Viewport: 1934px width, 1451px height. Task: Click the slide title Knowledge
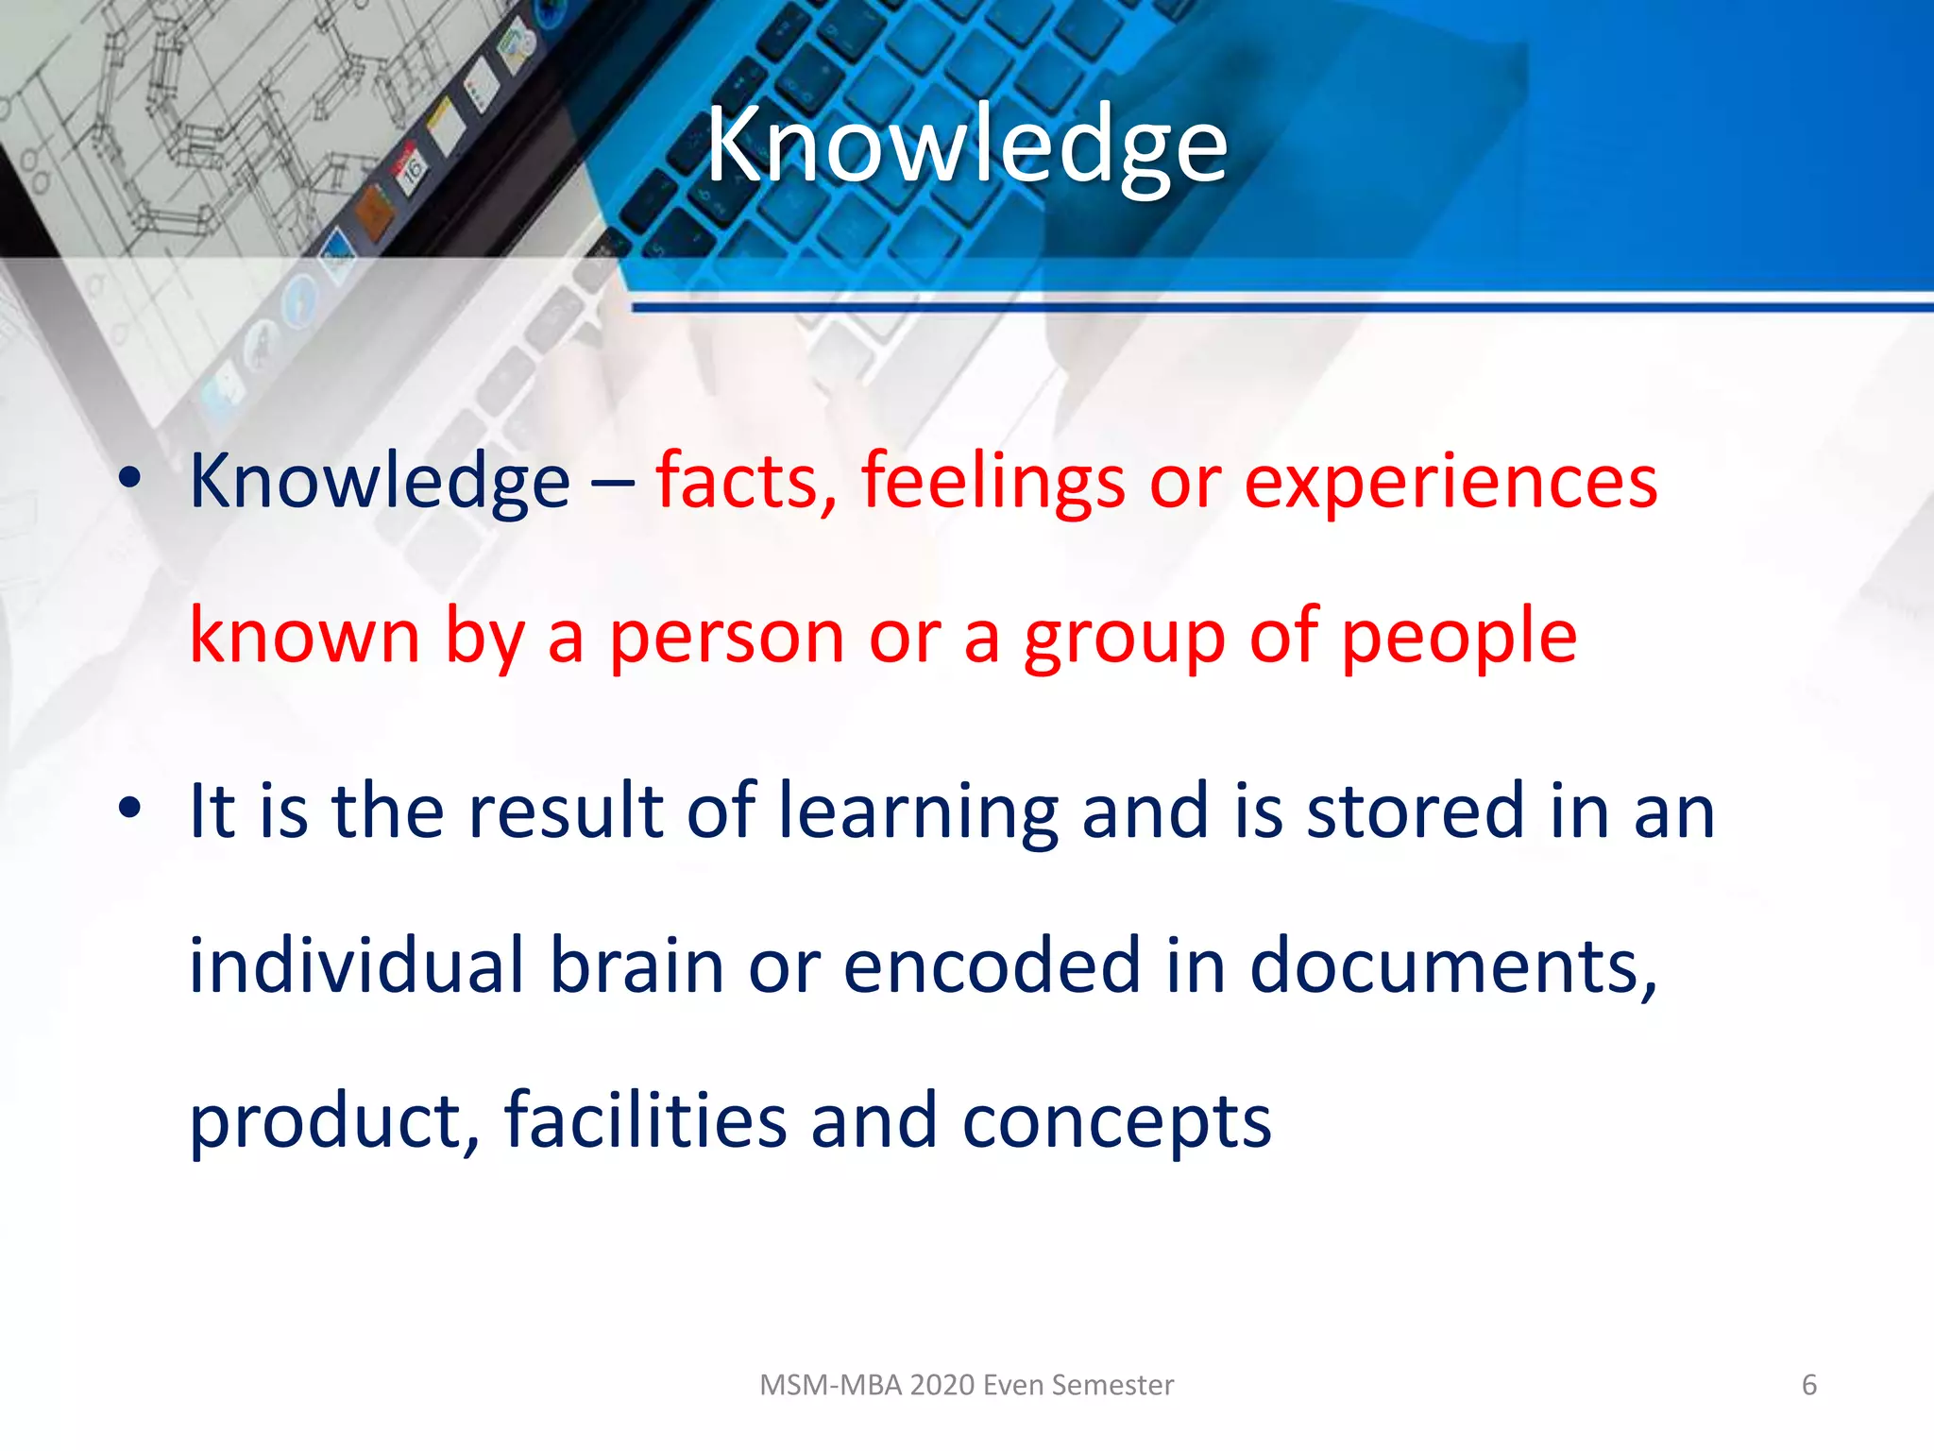(x=967, y=146)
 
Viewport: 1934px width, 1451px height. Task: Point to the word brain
(x=637, y=965)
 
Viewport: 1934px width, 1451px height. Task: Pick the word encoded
(x=992, y=965)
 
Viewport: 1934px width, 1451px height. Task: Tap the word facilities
(x=646, y=1120)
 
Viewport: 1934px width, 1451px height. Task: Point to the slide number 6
(x=1809, y=1385)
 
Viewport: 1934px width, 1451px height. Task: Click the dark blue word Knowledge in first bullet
(x=380, y=482)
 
